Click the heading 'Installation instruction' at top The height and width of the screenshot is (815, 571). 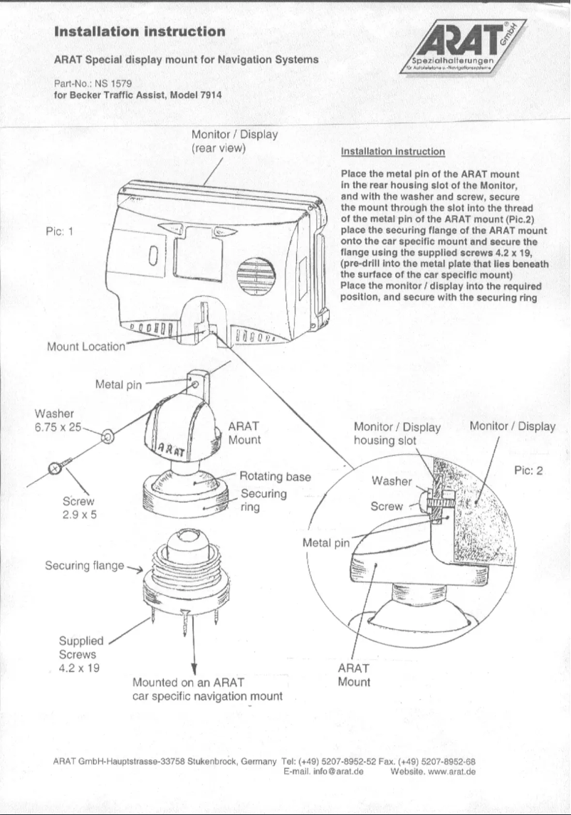click(140, 31)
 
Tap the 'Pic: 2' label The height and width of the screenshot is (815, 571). click(528, 470)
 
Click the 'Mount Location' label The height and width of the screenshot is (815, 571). click(85, 347)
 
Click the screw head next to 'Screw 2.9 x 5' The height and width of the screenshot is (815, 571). click(56, 468)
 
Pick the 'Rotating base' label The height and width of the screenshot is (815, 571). click(275, 476)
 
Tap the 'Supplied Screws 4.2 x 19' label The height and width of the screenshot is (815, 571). click(78, 654)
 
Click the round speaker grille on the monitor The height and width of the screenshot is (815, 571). click(255, 275)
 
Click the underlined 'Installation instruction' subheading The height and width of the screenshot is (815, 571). click(393, 152)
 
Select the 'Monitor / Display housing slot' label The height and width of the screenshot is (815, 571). click(397, 433)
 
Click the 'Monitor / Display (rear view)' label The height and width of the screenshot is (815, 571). click(234, 141)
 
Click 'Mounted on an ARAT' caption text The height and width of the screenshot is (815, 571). click(189, 683)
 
